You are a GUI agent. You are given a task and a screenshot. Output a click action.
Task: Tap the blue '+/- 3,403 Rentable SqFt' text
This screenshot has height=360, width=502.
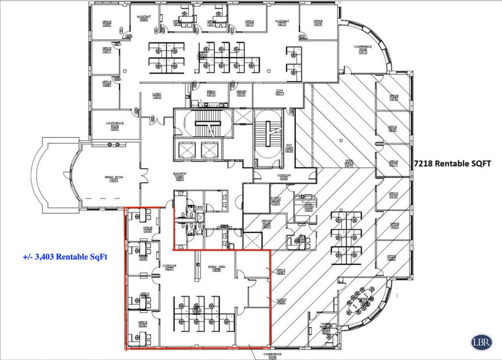click(x=65, y=257)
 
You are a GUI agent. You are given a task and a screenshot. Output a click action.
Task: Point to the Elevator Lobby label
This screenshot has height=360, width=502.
click(x=179, y=176)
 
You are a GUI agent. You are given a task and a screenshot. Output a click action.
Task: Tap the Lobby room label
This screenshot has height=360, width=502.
click(x=156, y=96)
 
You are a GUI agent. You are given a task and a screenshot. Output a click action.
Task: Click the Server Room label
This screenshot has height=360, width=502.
click(x=266, y=224)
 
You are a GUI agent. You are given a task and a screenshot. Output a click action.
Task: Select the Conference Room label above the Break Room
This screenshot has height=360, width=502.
click(x=114, y=125)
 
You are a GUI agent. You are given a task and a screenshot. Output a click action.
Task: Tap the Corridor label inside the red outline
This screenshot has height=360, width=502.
click(x=170, y=268)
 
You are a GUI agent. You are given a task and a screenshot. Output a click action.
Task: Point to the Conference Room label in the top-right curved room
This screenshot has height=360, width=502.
click(x=364, y=48)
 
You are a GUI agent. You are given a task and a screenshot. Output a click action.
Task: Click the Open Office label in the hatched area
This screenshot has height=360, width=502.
click(x=350, y=163)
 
